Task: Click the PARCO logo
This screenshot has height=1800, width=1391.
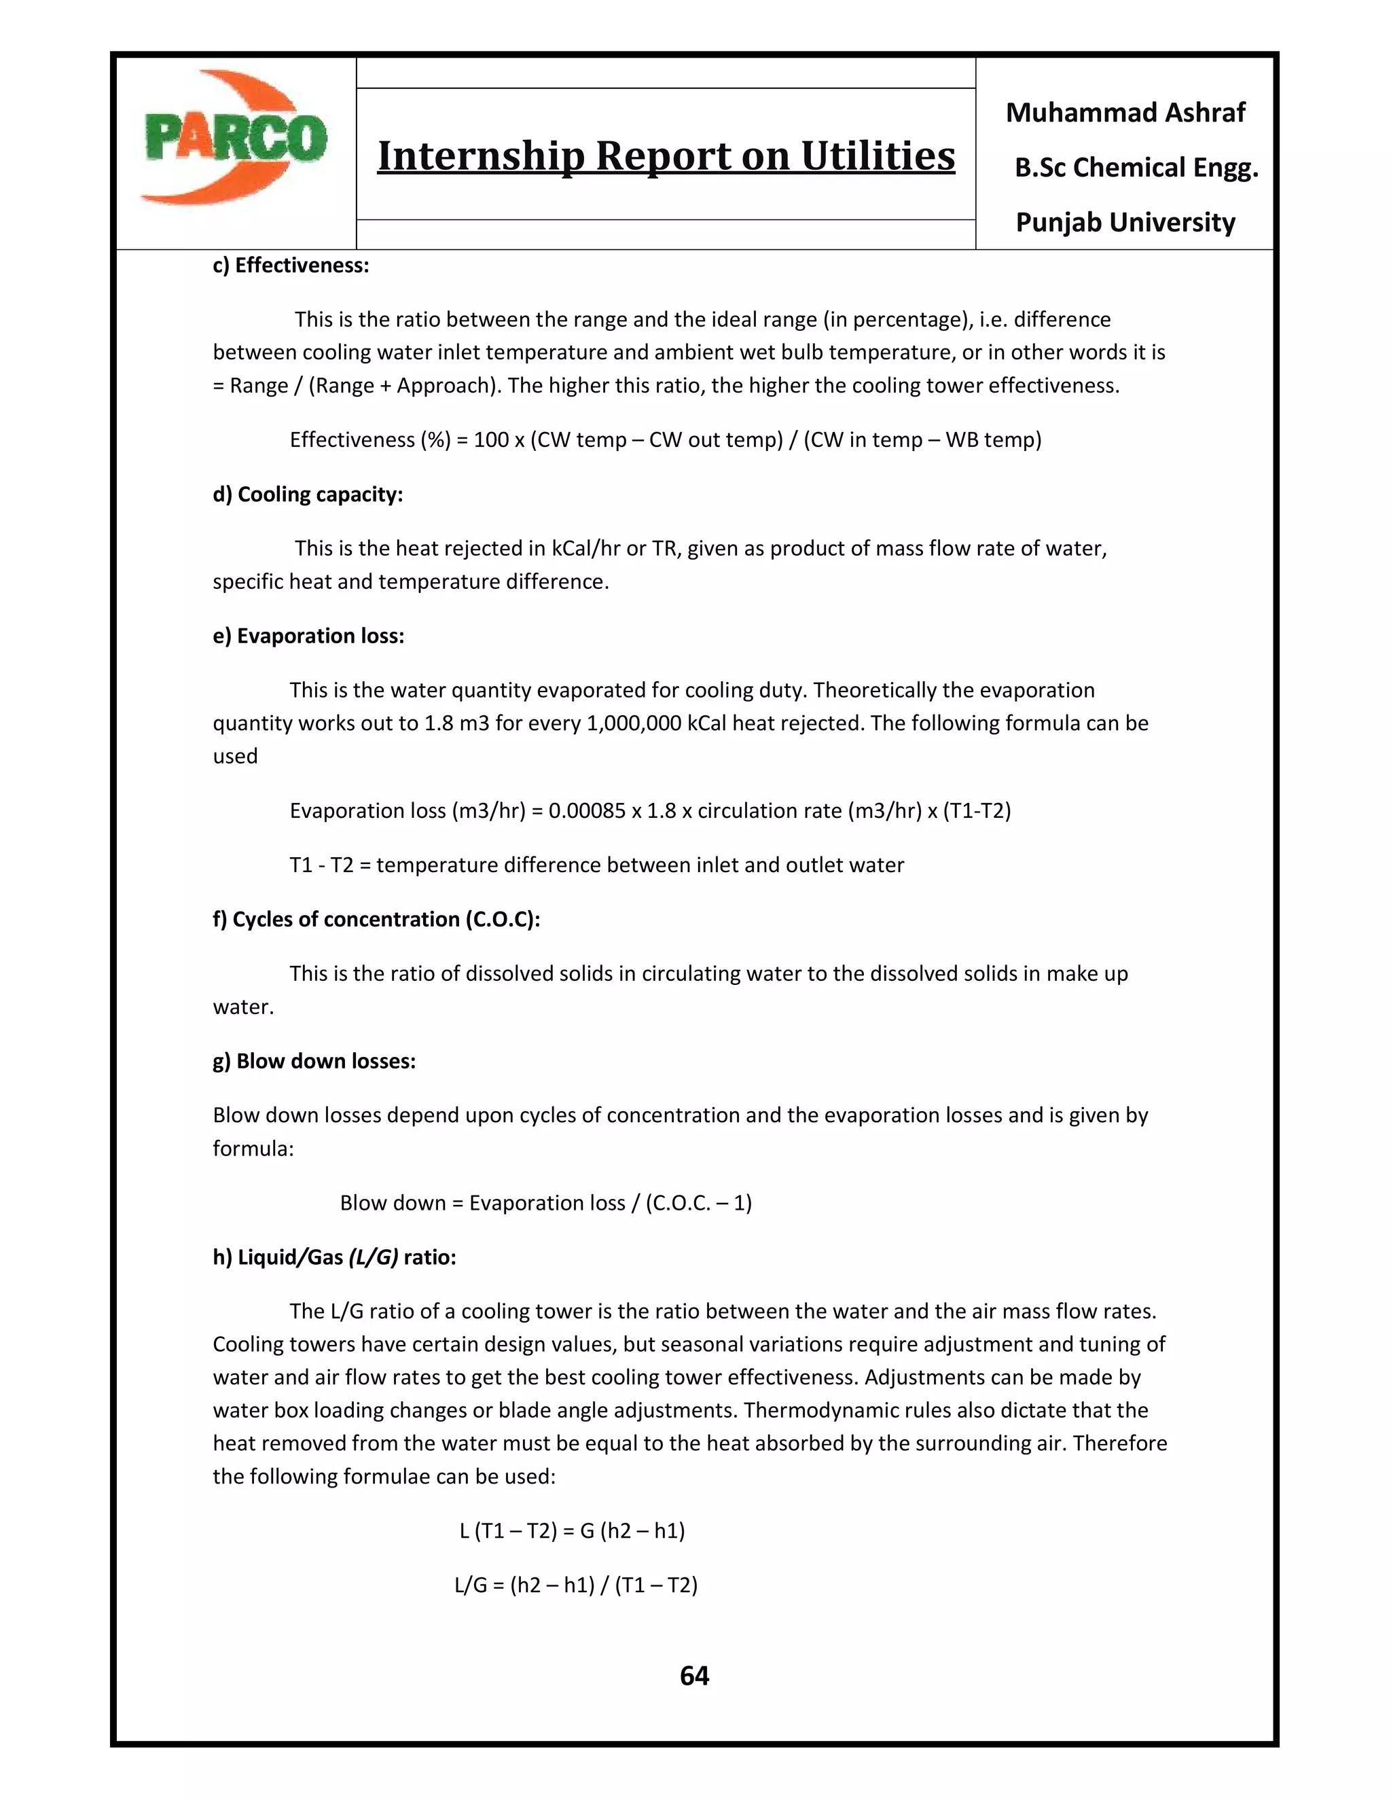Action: click(x=235, y=139)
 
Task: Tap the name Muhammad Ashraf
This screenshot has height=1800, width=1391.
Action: click(x=1125, y=113)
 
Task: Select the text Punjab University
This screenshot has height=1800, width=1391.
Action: click(x=1125, y=223)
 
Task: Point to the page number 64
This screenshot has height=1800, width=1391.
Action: click(x=694, y=1676)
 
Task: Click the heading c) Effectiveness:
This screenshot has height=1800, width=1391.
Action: click(x=291, y=266)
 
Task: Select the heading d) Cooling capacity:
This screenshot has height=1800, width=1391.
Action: click(x=308, y=494)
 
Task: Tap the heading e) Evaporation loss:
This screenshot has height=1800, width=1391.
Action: click(x=308, y=636)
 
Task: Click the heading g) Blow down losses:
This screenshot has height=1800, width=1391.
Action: click(x=314, y=1062)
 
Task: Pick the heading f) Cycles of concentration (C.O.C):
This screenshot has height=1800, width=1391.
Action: click(x=376, y=920)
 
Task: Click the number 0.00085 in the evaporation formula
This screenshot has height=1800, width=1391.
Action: click(x=587, y=811)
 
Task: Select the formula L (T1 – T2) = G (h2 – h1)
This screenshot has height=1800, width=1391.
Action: click(x=572, y=1531)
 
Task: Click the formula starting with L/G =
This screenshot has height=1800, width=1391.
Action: click(x=576, y=1586)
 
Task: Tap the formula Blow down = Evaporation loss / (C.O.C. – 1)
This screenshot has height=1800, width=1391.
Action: click(x=545, y=1204)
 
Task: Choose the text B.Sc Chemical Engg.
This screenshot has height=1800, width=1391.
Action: click(x=1136, y=168)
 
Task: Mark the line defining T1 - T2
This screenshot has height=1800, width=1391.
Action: click(x=596, y=865)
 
